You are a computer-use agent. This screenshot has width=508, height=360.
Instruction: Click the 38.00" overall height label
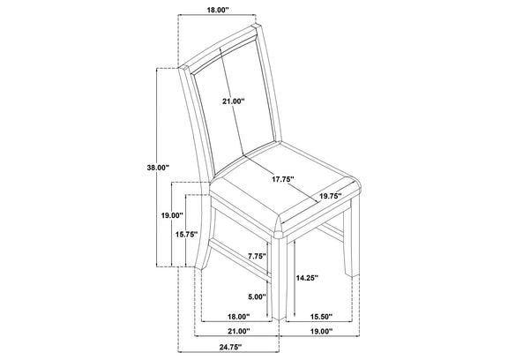tap(158, 168)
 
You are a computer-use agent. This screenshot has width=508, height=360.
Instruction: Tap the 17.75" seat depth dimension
tap(283, 179)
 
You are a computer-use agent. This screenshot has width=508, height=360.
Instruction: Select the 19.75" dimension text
tap(331, 196)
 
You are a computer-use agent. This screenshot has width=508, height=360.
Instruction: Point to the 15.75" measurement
tap(187, 235)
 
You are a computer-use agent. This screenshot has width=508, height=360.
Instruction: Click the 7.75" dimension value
tap(257, 256)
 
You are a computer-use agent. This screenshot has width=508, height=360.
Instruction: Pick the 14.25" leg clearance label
tap(307, 278)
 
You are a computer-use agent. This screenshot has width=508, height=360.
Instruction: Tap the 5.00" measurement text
tap(257, 296)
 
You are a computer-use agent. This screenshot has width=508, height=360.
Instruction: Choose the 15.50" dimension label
tap(321, 317)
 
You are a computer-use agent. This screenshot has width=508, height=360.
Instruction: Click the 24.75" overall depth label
tap(231, 348)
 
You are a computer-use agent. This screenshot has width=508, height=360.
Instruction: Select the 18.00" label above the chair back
tap(218, 10)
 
